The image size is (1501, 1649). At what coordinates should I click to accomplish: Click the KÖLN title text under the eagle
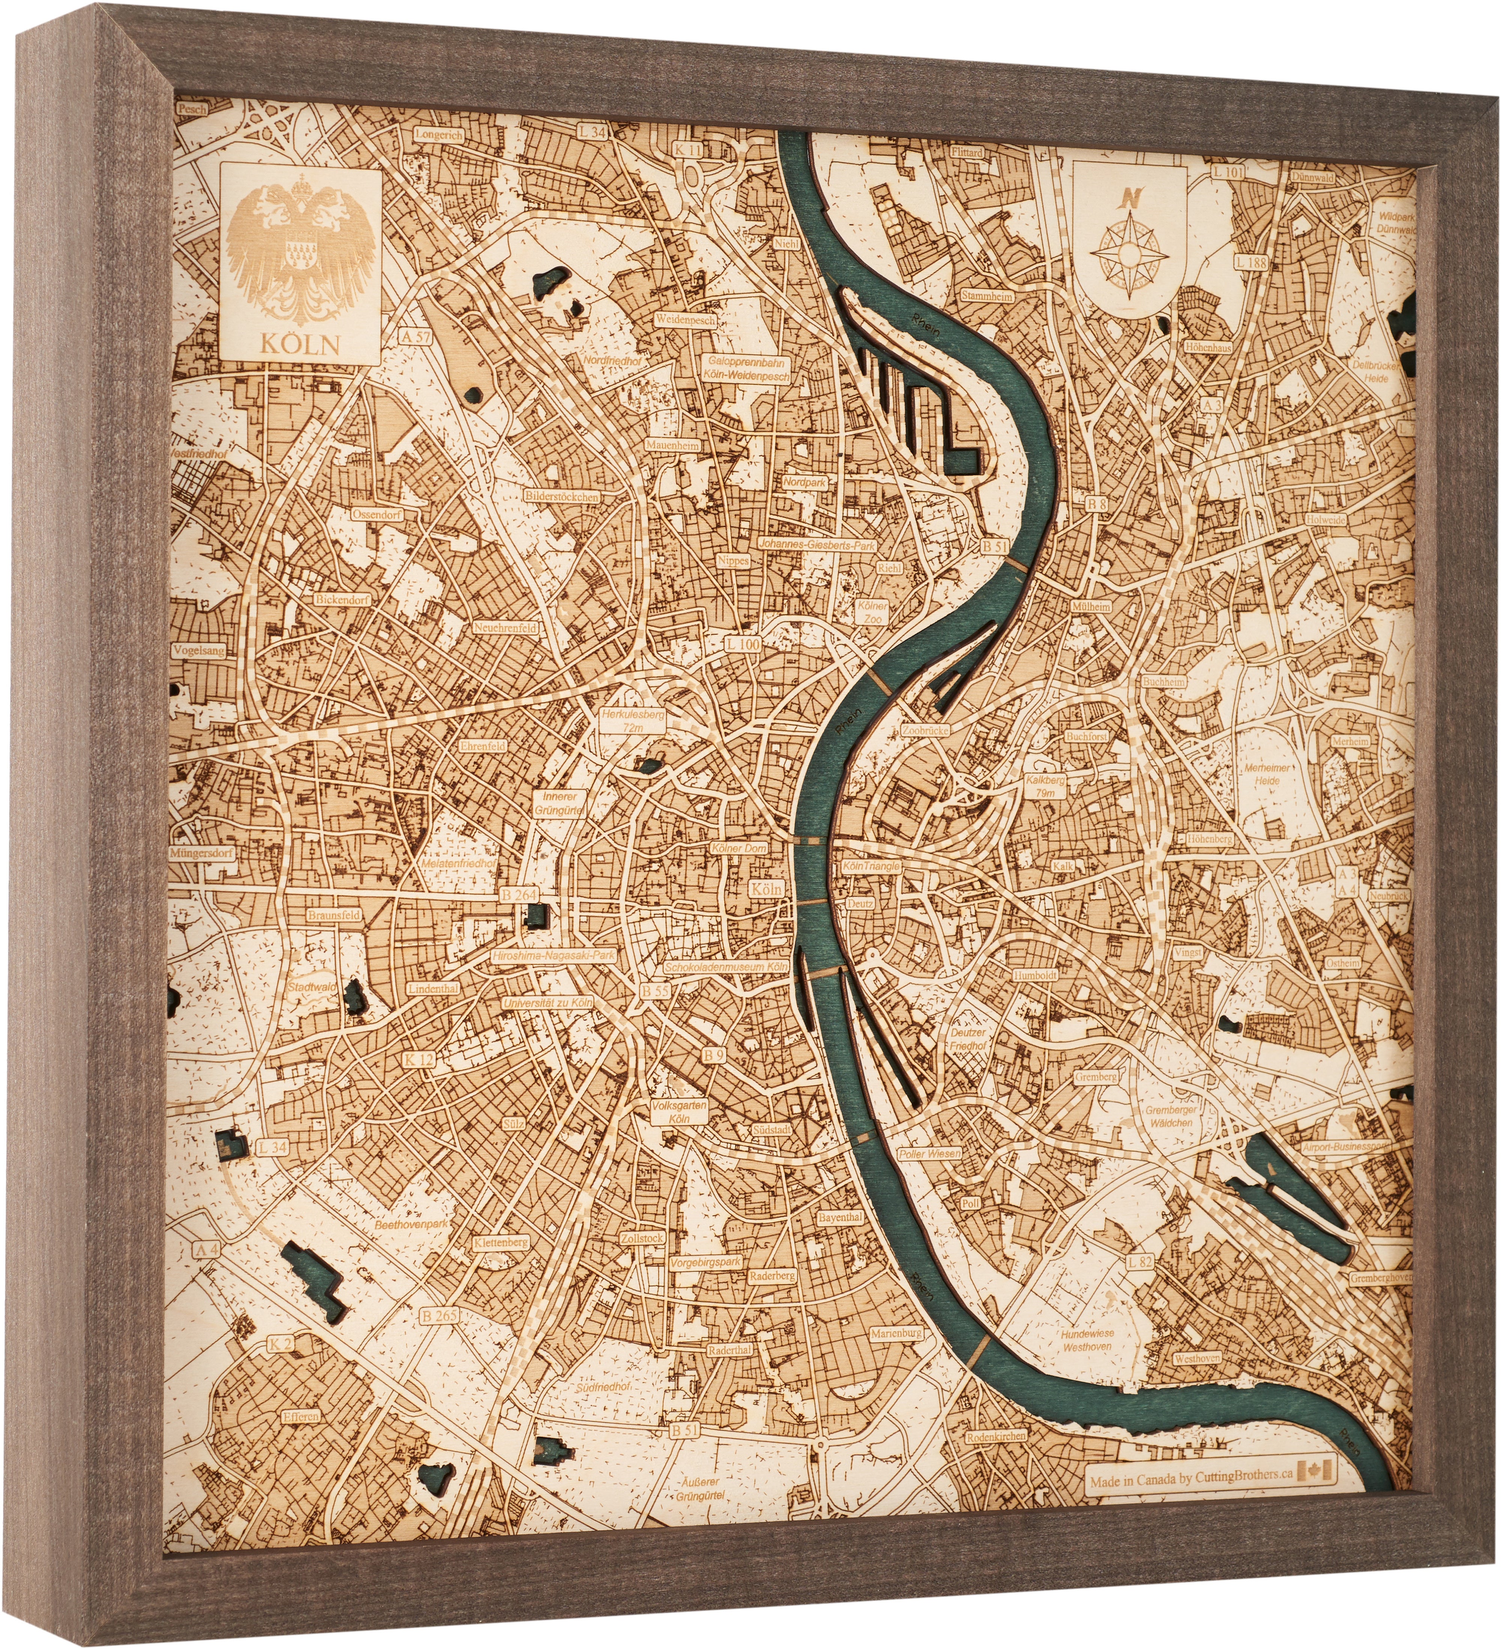click(299, 344)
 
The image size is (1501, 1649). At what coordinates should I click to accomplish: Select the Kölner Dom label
click(738, 848)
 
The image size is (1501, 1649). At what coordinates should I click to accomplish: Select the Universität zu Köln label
click(547, 1003)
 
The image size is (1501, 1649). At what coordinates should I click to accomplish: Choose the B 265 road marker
click(439, 1316)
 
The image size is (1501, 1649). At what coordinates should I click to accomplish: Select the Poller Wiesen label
click(930, 1153)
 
